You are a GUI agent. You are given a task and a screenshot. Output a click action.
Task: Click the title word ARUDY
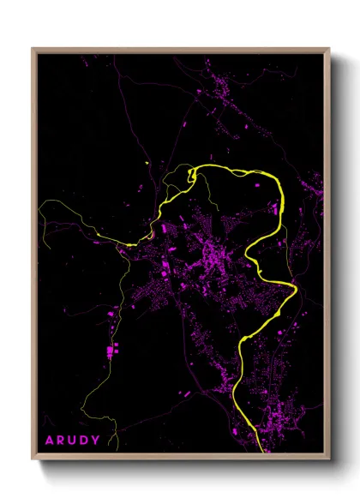point(72,441)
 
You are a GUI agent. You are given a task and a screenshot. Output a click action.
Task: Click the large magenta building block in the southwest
point(111,350)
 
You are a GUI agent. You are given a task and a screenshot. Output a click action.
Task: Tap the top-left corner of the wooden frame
point(33,49)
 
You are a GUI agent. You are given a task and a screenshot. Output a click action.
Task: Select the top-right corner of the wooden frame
point(329,49)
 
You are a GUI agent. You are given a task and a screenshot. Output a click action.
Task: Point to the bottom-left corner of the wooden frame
point(33,460)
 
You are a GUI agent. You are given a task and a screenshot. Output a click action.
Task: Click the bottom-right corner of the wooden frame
point(329,460)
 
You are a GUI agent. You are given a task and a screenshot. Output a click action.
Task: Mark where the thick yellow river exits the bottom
point(260,449)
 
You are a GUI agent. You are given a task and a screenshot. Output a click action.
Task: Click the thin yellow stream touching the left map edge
point(41,203)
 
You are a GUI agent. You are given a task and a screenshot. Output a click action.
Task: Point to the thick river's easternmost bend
point(297,291)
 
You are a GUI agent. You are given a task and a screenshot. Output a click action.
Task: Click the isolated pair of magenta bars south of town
point(185,393)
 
